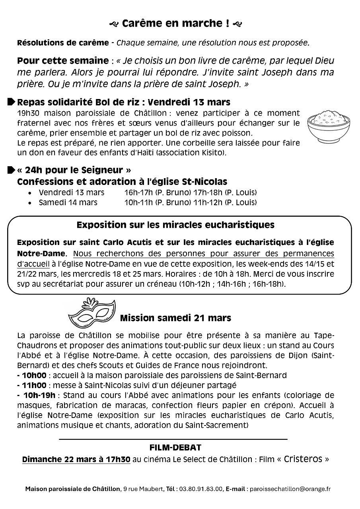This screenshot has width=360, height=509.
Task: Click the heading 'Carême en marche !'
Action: coord(175,23)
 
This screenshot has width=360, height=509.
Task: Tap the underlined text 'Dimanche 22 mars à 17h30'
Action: coord(76,459)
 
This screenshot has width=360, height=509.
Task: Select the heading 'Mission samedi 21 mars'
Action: coord(175,318)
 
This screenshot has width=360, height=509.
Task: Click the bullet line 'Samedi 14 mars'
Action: coord(68,202)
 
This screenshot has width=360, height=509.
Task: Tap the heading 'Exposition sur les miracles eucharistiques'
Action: coord(175,225)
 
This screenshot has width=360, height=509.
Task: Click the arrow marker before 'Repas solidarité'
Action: coord(11,102)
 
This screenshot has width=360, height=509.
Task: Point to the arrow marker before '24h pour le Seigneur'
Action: coord(11,170)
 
